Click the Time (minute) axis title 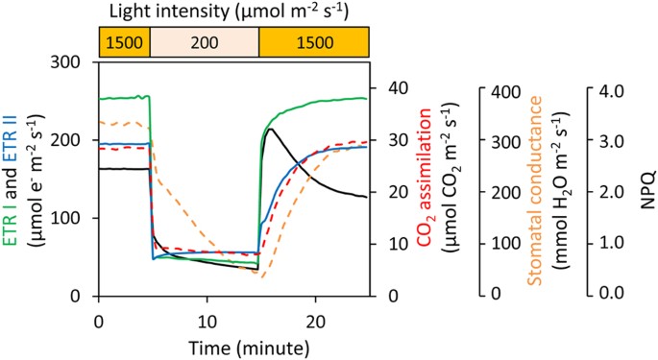point(207,343)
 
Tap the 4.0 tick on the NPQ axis point(609,89)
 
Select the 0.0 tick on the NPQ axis point(609,294)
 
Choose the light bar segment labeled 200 point(205,42)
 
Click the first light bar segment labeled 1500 point(125,42)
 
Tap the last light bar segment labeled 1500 point(314,42)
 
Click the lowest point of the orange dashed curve point(260,276)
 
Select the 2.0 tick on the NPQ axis point(609,192)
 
